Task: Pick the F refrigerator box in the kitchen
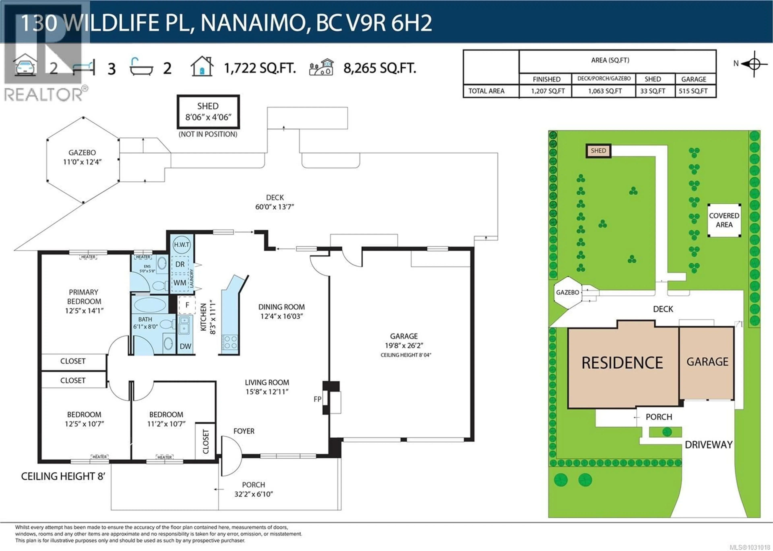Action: [187, 305]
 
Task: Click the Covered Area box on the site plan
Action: [724, 220]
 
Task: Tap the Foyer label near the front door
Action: [244, 431]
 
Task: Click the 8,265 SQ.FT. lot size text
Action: [379, 68]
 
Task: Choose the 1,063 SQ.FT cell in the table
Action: [605, 91]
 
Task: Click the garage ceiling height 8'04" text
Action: [405, 355]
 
